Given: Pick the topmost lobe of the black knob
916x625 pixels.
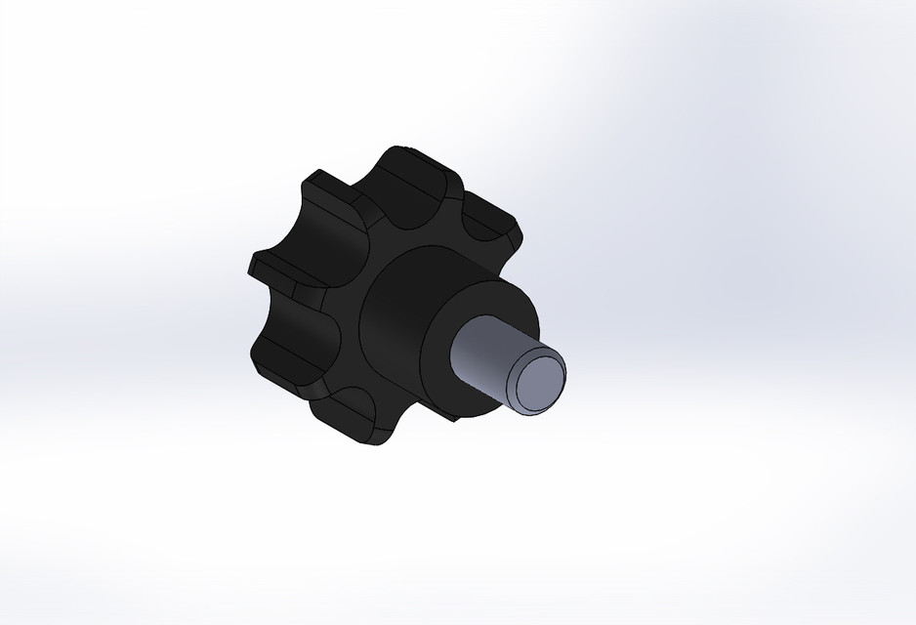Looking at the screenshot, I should click(x=415, y=171).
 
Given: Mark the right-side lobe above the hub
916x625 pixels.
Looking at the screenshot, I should click(x=493, y=229).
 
